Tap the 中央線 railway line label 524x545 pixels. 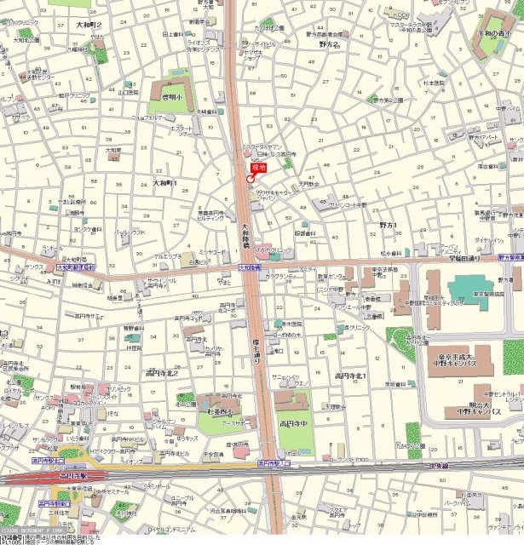(439, 466)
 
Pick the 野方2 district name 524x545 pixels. (328, 43)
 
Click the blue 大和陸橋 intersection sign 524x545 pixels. (239, 268)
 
